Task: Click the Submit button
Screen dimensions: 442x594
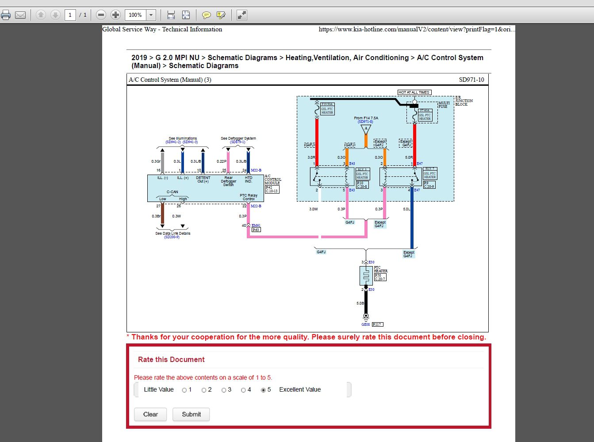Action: point(191,414)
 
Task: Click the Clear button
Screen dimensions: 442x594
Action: point(150,414)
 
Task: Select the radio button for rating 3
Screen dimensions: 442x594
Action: point(224,390)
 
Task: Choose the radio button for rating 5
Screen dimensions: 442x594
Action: point(264,390)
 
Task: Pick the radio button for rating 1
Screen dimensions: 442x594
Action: point(184,390)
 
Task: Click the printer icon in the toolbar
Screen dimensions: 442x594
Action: point(6,15)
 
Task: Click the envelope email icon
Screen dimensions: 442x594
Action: point(20,15)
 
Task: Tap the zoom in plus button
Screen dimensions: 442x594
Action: point(115,15)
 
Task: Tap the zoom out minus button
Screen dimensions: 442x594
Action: point(101,15)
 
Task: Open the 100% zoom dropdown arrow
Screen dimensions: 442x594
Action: point(151,15)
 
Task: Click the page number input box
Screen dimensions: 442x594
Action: point(70,15)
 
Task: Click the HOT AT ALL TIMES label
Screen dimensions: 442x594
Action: point(414,92)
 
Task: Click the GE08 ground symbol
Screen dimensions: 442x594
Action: point(366,316)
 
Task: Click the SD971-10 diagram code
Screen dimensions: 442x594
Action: point(471,80)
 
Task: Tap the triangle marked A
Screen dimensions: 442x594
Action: point(366,130)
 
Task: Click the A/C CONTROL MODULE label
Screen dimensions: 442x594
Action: point(272,179)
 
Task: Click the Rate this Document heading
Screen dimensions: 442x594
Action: point(171,359)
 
